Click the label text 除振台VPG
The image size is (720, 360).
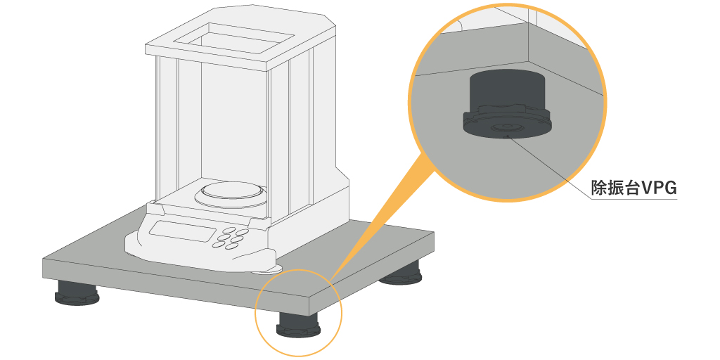point(634,188)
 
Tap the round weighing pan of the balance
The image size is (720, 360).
point(230,193)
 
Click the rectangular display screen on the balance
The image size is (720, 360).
point(182,230)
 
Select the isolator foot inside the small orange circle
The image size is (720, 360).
point(297,324)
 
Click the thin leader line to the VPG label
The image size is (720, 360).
point(548,167)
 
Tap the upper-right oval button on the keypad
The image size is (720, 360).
point(243,232)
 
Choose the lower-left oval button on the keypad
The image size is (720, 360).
point(217,244)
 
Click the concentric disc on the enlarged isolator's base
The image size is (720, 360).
point(508,128)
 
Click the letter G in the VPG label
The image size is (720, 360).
point(669,188)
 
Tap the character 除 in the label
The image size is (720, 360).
point(599,188)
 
